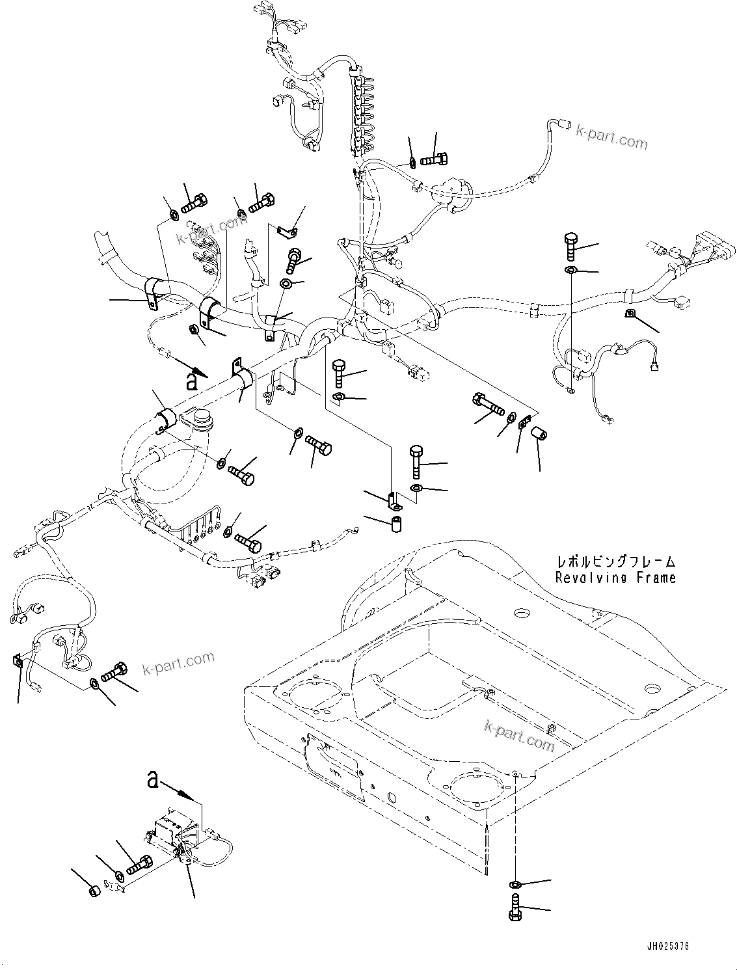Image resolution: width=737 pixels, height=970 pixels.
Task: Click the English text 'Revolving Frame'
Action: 615,577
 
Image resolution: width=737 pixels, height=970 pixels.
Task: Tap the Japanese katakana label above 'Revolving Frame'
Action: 615,561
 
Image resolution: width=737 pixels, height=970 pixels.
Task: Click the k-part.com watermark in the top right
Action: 611,137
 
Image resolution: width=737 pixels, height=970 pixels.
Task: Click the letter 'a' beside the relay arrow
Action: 153,778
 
